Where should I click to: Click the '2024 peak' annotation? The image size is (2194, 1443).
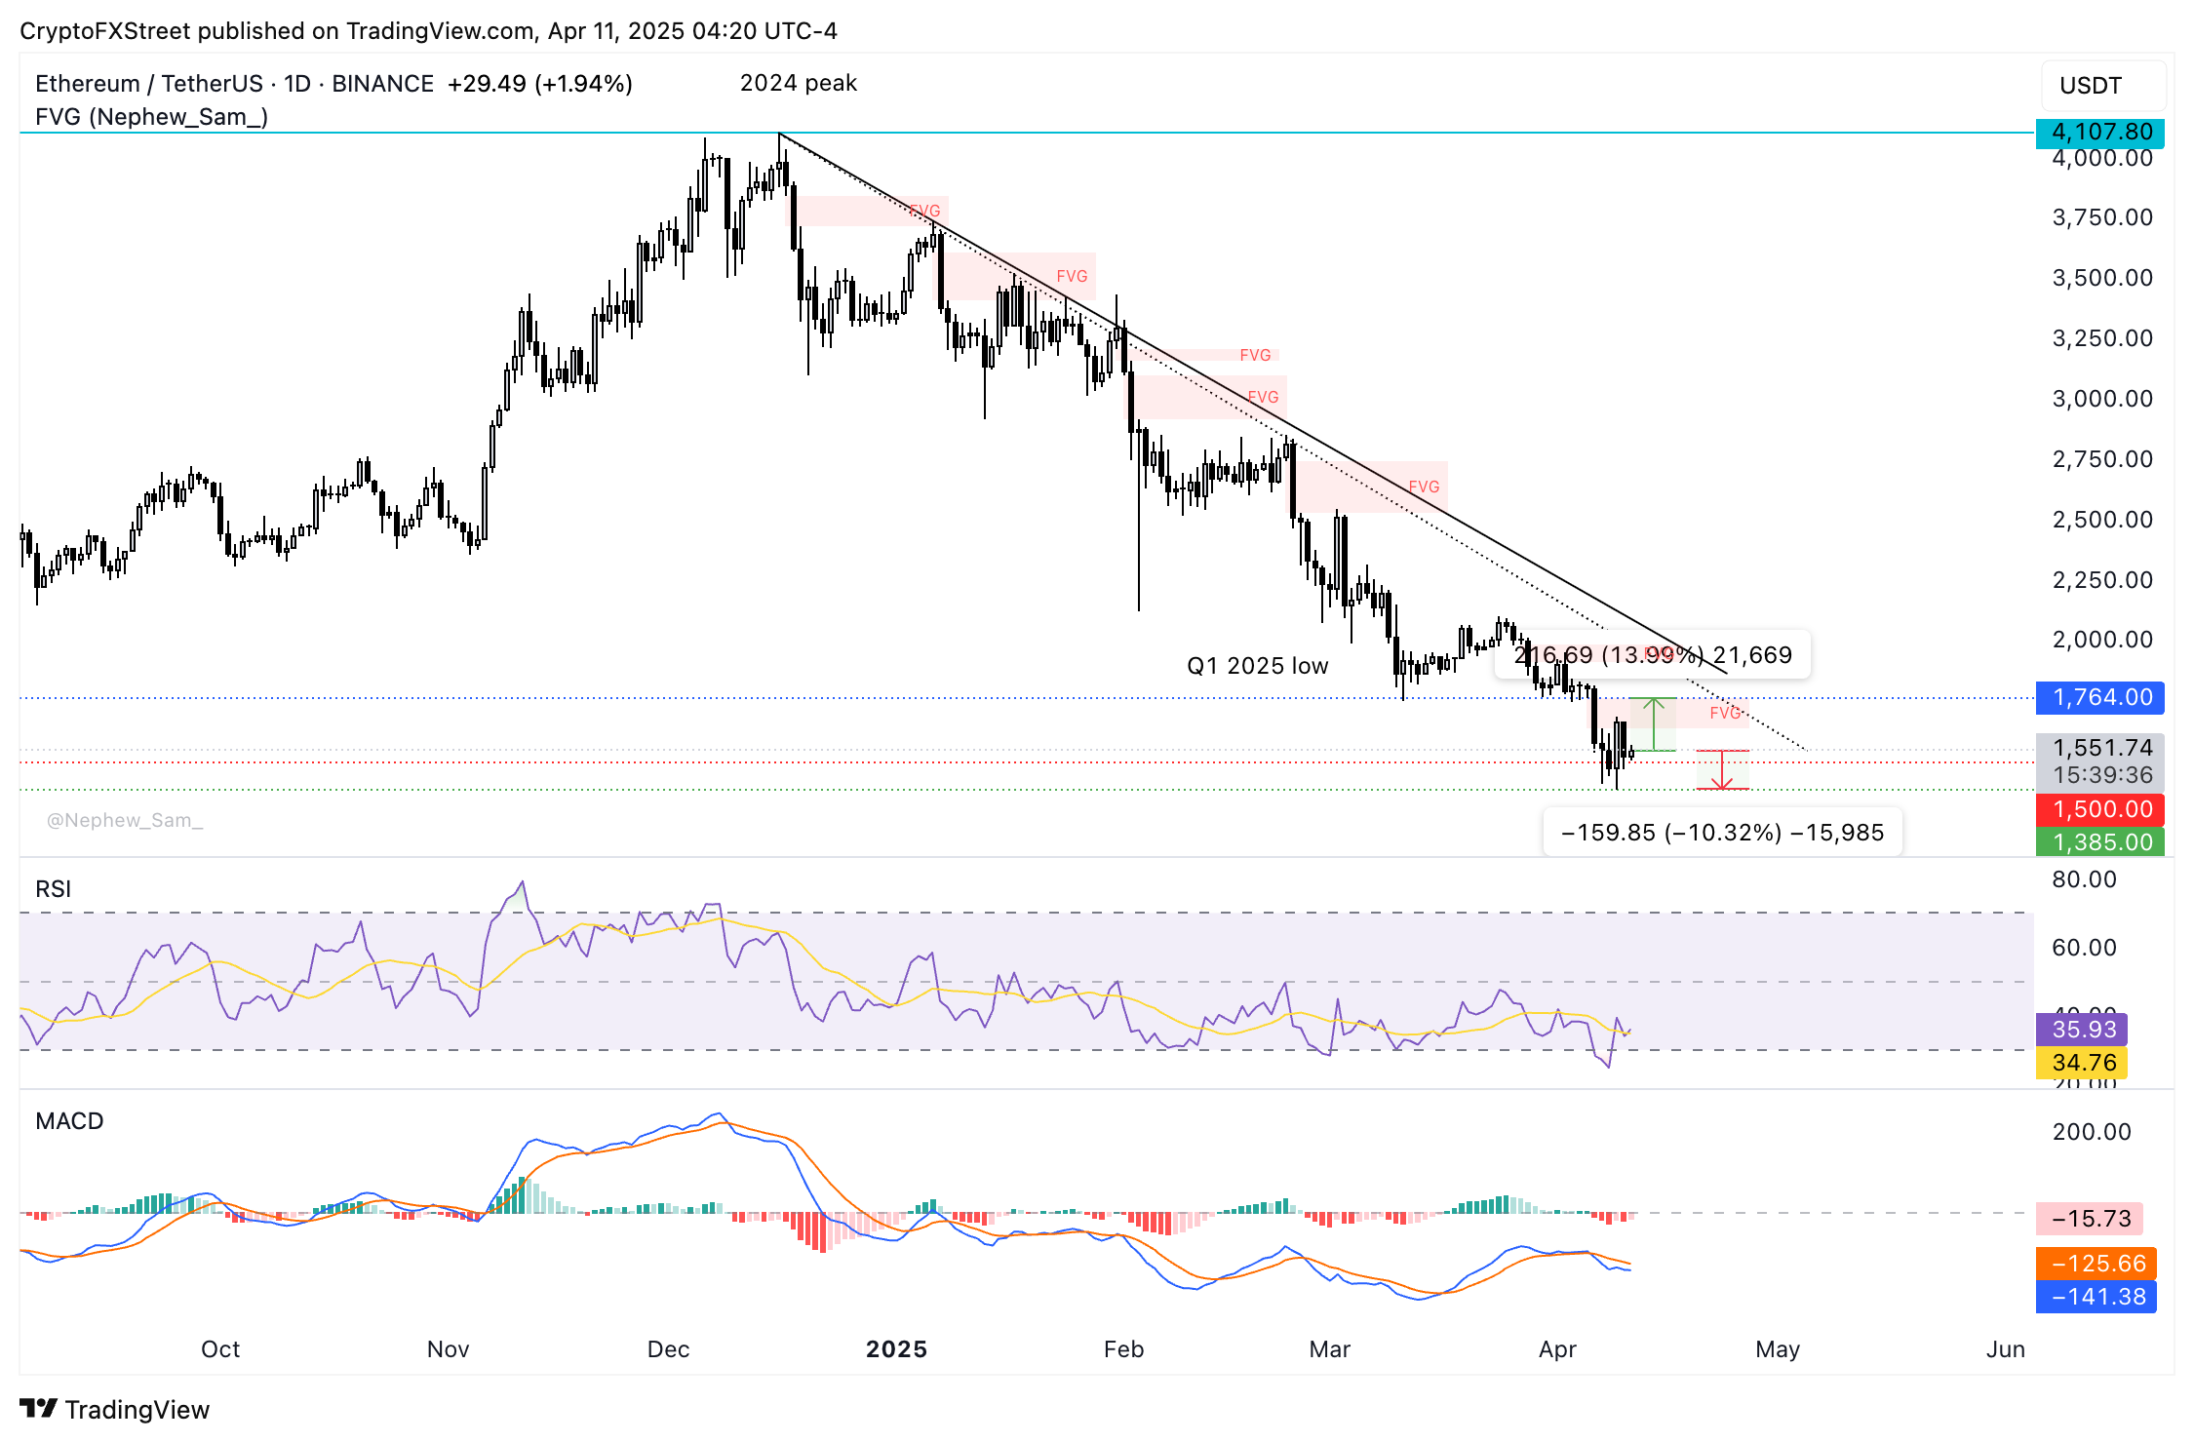click(x=798, y=84)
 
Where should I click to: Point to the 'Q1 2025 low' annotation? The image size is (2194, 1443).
click(x=1257, y=666)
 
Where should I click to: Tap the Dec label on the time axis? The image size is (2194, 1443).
click(x=668, y=1349)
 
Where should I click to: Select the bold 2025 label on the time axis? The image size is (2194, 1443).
click(x=896, y=1349)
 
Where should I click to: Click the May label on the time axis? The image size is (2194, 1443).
click(x=1777, y=1349)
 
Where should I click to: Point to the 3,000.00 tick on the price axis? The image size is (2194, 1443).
click(x=2101, y=399)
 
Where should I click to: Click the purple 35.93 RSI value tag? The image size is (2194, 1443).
click(x=2083, y=1030)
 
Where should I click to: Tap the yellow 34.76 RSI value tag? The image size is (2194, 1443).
click(x=2083, y=1063)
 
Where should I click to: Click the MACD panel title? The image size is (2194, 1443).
click(x=69, y=1121)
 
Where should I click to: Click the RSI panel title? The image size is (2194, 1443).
click(x=54, y=889)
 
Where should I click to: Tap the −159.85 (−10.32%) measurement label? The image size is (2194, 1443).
click(x=1722, y=833)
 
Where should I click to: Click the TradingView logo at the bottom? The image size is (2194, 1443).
click(x=115, y=1410)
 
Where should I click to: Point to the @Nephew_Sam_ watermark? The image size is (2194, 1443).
click(x=125, y=821)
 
